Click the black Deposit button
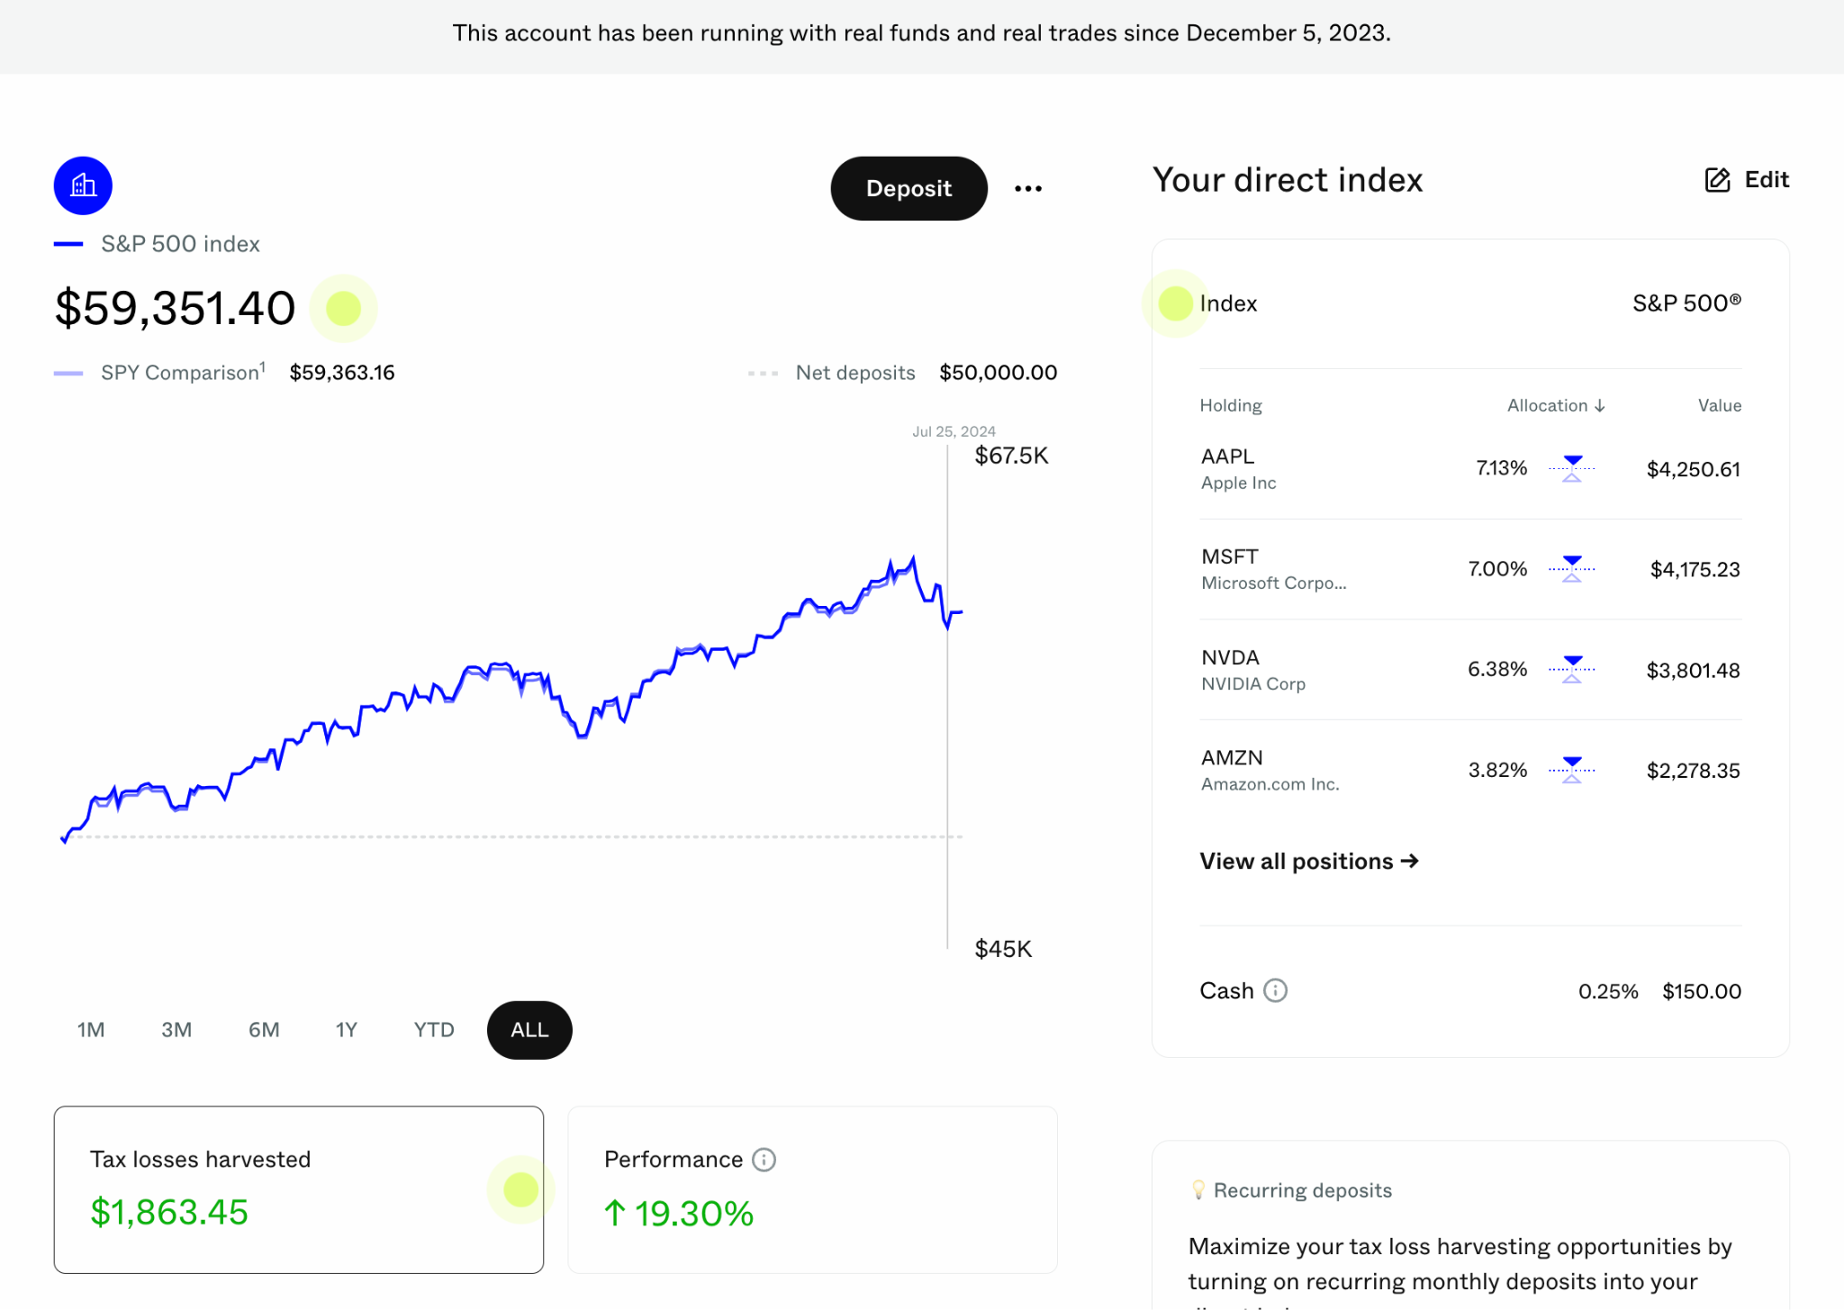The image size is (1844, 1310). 908,188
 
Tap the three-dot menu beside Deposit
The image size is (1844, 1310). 1028,188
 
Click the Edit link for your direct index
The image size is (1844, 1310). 1747,180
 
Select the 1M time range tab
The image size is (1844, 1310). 91,1030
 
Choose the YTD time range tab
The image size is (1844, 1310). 433,1030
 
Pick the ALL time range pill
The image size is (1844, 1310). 529,1030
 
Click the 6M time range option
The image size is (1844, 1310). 264,1030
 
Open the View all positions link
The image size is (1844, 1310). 1309,862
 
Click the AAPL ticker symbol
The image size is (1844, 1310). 1227,456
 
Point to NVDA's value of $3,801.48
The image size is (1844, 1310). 1693,670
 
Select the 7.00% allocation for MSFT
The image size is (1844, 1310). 1497,569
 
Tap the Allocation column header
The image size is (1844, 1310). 1556,405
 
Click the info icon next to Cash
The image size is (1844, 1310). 1276,990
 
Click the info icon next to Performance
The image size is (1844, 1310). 764,1160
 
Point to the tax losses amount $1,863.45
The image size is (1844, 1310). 169,1213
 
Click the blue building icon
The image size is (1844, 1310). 83,185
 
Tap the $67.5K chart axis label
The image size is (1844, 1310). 1011,456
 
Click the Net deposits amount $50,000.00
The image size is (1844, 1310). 998,373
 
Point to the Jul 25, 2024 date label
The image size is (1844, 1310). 954,431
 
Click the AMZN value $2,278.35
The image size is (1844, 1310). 1693,771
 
